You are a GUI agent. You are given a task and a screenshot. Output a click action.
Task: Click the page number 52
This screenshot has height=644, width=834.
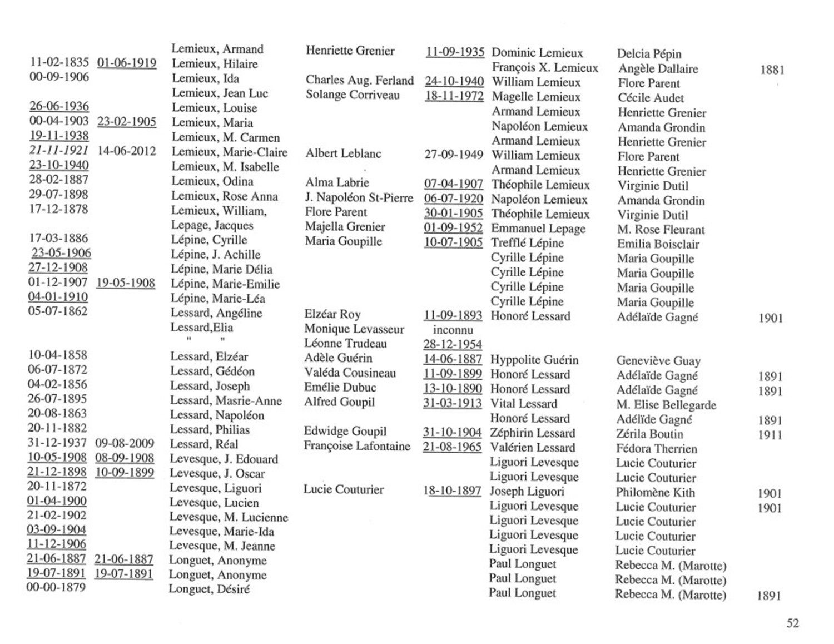coord(793,623)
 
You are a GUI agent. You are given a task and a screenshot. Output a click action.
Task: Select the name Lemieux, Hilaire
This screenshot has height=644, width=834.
coord(215,64)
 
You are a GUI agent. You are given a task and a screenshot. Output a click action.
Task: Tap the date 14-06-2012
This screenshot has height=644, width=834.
coord(126,151)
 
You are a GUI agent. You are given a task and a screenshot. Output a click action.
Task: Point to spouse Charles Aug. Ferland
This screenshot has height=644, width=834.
coord(359,80)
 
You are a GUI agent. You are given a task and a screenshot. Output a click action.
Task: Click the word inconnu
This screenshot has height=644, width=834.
coord(453,330)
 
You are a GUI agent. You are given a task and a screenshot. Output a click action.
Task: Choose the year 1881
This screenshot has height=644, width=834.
coord(772,70)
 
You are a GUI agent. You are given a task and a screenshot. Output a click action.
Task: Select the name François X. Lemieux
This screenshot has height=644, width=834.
coord(545,68)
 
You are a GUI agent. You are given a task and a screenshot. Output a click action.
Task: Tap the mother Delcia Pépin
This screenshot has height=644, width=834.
coord(649,54)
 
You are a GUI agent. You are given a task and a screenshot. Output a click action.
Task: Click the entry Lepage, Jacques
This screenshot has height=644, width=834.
coord(212,225)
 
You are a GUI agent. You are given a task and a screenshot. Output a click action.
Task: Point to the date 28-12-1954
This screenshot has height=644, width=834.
coord(453,344)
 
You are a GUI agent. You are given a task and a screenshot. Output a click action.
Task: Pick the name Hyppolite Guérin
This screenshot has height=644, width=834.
coord(534,360)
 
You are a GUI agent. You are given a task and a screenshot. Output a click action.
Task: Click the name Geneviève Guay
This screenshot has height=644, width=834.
coord(658,361)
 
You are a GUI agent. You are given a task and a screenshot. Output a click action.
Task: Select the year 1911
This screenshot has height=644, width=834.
coord(770,435)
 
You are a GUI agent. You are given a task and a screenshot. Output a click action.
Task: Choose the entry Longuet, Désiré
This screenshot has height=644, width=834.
coord(209,589)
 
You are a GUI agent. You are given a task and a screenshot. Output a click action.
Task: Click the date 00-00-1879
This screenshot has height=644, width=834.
coord(56,587)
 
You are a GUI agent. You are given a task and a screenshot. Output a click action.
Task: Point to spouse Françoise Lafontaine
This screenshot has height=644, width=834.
coord(357,446)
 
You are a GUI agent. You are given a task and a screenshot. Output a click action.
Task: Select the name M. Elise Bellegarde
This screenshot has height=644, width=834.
coord(666,405)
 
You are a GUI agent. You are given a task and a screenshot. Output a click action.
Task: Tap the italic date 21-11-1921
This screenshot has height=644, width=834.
coord(59,151)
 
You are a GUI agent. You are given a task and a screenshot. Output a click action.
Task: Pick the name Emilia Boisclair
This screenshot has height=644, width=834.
coord(658,244)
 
